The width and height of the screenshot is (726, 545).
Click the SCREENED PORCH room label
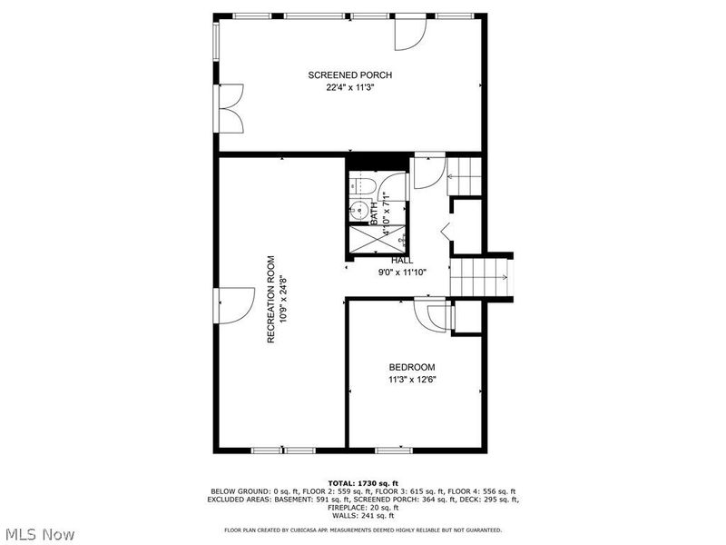point(349,75)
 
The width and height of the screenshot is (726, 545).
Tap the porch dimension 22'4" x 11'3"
point(350,88)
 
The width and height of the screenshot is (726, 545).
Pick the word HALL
point(403,260)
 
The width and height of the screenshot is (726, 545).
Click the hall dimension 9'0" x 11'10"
point(403,272)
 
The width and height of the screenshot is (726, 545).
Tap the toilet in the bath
point(364,187)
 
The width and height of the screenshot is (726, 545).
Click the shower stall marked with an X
point(363,239)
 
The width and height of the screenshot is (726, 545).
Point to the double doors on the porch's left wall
point(230,108)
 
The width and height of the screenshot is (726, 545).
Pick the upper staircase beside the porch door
point(465,173)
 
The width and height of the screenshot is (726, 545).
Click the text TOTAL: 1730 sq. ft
point(362,482)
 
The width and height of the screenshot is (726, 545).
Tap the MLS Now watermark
point(39,533)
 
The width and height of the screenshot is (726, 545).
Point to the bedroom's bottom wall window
point(390,450)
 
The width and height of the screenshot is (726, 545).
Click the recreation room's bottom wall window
point(280,450)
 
